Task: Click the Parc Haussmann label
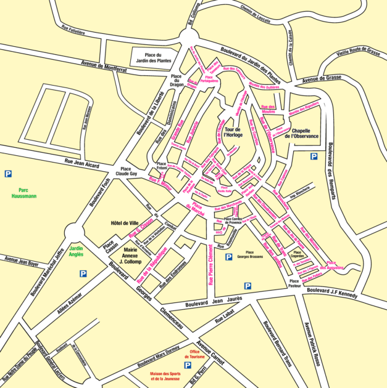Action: pos(24,193)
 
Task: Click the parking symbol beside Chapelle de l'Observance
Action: pos(314,156)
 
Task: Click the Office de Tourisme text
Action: pos(197,354)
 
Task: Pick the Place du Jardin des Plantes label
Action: pos(153,58)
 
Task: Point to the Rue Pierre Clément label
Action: pos(210,265)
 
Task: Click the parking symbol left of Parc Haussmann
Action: pos(7,174)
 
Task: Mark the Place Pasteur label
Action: pos(294,284)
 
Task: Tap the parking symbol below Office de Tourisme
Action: pos(188,365)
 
